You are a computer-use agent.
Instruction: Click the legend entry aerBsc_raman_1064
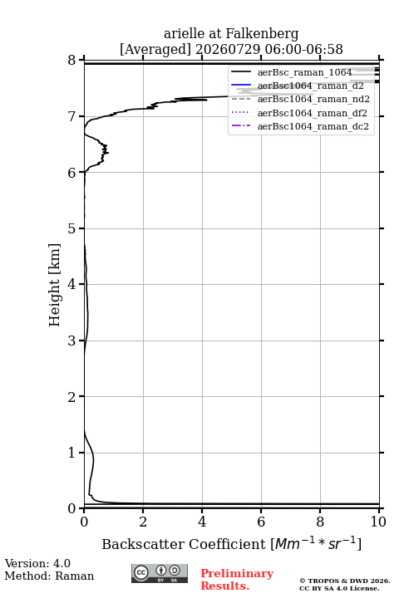tap(304, 72)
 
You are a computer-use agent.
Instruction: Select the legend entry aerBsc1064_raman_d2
tap(310, 86)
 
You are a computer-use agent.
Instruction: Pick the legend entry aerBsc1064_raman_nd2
tap(313, 99)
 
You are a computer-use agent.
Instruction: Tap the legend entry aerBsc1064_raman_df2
tap(312, 113)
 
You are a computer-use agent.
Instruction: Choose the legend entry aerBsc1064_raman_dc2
tap(313, 126)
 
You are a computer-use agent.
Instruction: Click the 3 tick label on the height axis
tap(72, 341)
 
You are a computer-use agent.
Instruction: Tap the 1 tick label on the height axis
tap(72, 453)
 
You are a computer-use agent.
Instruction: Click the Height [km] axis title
tap(54, 285)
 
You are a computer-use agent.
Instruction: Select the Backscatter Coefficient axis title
tap(231, 543)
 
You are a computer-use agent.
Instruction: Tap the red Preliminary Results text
tap(237, 580)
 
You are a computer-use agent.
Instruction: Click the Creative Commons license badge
tap(160, 573)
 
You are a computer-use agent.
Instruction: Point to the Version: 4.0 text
tap(37, 563)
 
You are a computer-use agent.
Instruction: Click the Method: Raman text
tap(49, 576)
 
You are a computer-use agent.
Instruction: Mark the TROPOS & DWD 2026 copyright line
tap(345, 581)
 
